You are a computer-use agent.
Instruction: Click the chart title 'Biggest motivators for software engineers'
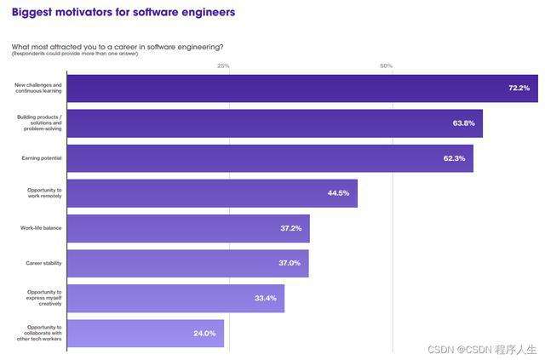(x=123, y=13)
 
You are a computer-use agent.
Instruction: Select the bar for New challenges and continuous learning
(x=302, y=88)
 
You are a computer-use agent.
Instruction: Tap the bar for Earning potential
(x=270, y=158)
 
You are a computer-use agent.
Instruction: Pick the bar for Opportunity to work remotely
(x=212, y=193)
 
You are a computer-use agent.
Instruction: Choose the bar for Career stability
(x=187, y=263)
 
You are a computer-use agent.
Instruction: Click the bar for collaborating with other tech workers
(x=146, y=333)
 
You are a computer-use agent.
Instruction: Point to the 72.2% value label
(x=519, y=88)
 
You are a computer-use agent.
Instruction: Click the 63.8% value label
(x=463, y=123)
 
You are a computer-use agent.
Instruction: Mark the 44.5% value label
(x=338, y=193)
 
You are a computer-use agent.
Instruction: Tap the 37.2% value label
(x=290, y=228)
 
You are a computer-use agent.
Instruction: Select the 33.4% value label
(x=265, y=298)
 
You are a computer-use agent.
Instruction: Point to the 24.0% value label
(x=204, y=334)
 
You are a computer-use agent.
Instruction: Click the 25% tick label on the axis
(x=223, y=66)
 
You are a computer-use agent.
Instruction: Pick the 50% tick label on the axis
(x=386, y=66)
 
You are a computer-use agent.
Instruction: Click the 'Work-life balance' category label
(x=41, y=228)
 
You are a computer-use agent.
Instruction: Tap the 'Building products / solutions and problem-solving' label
(x=40, y=123)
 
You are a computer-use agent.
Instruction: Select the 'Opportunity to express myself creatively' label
(x=42, y=298)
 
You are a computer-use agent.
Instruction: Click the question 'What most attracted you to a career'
(x=118, y=46)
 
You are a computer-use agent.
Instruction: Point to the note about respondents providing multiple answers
(x=75, y=54)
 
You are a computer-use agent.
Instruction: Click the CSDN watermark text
(x=482, y=349)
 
